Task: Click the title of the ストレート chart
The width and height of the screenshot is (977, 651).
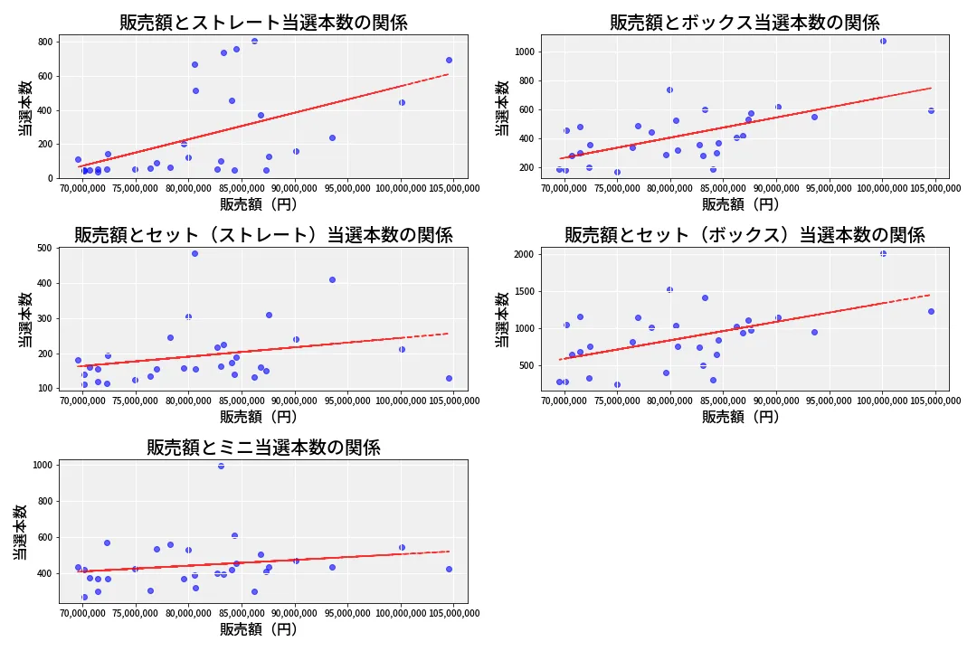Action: [263, 23]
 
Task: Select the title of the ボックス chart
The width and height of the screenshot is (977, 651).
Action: [745, 23]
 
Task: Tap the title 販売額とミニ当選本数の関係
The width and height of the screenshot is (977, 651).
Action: [263, 448]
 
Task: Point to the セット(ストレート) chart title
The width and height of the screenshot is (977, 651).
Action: [263, 235]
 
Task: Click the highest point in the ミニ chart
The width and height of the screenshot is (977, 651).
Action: [221, 466]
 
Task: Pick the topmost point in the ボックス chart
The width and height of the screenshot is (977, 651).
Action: [883, 41]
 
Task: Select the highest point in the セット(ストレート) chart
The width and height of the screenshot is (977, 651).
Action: [194, 253]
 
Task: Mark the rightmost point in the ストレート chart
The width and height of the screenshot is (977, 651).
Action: [449, 61]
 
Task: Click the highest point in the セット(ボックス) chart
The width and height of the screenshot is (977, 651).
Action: [883, 253]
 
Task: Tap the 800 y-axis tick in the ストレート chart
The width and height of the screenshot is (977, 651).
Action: [46, 42]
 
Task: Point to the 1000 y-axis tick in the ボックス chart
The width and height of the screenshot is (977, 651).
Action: [525, 52]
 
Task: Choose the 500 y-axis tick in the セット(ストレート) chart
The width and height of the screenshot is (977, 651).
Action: [44, 248]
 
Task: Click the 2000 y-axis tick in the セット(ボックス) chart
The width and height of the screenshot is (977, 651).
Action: [525, 254]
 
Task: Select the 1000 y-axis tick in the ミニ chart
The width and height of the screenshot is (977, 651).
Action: [43, 465]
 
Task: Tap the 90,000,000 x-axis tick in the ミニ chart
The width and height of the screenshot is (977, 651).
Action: [295, 613]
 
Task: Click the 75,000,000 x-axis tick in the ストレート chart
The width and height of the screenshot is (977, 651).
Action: [135, 188]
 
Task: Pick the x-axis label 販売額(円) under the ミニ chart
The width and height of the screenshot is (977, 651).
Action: [259, 629]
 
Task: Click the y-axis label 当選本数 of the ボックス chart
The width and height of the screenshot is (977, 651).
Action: [502, 108]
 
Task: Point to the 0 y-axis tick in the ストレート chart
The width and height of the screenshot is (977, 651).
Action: [51, 178]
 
